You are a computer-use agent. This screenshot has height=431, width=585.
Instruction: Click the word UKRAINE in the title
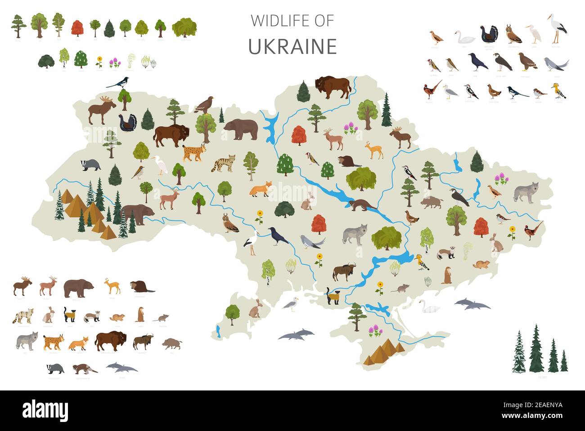coord(292,47)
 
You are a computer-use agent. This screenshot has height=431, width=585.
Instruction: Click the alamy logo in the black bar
coord(45,410)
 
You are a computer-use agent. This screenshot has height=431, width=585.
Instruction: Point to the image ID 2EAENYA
coord(540,405)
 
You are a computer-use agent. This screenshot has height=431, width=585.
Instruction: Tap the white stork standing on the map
coord(252,239)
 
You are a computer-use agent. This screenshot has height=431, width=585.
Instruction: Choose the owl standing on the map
coord(230,224)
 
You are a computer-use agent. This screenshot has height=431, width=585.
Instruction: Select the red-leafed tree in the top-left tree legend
coord(77,28)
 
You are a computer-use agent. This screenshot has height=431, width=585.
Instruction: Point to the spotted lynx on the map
coord(195,153)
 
